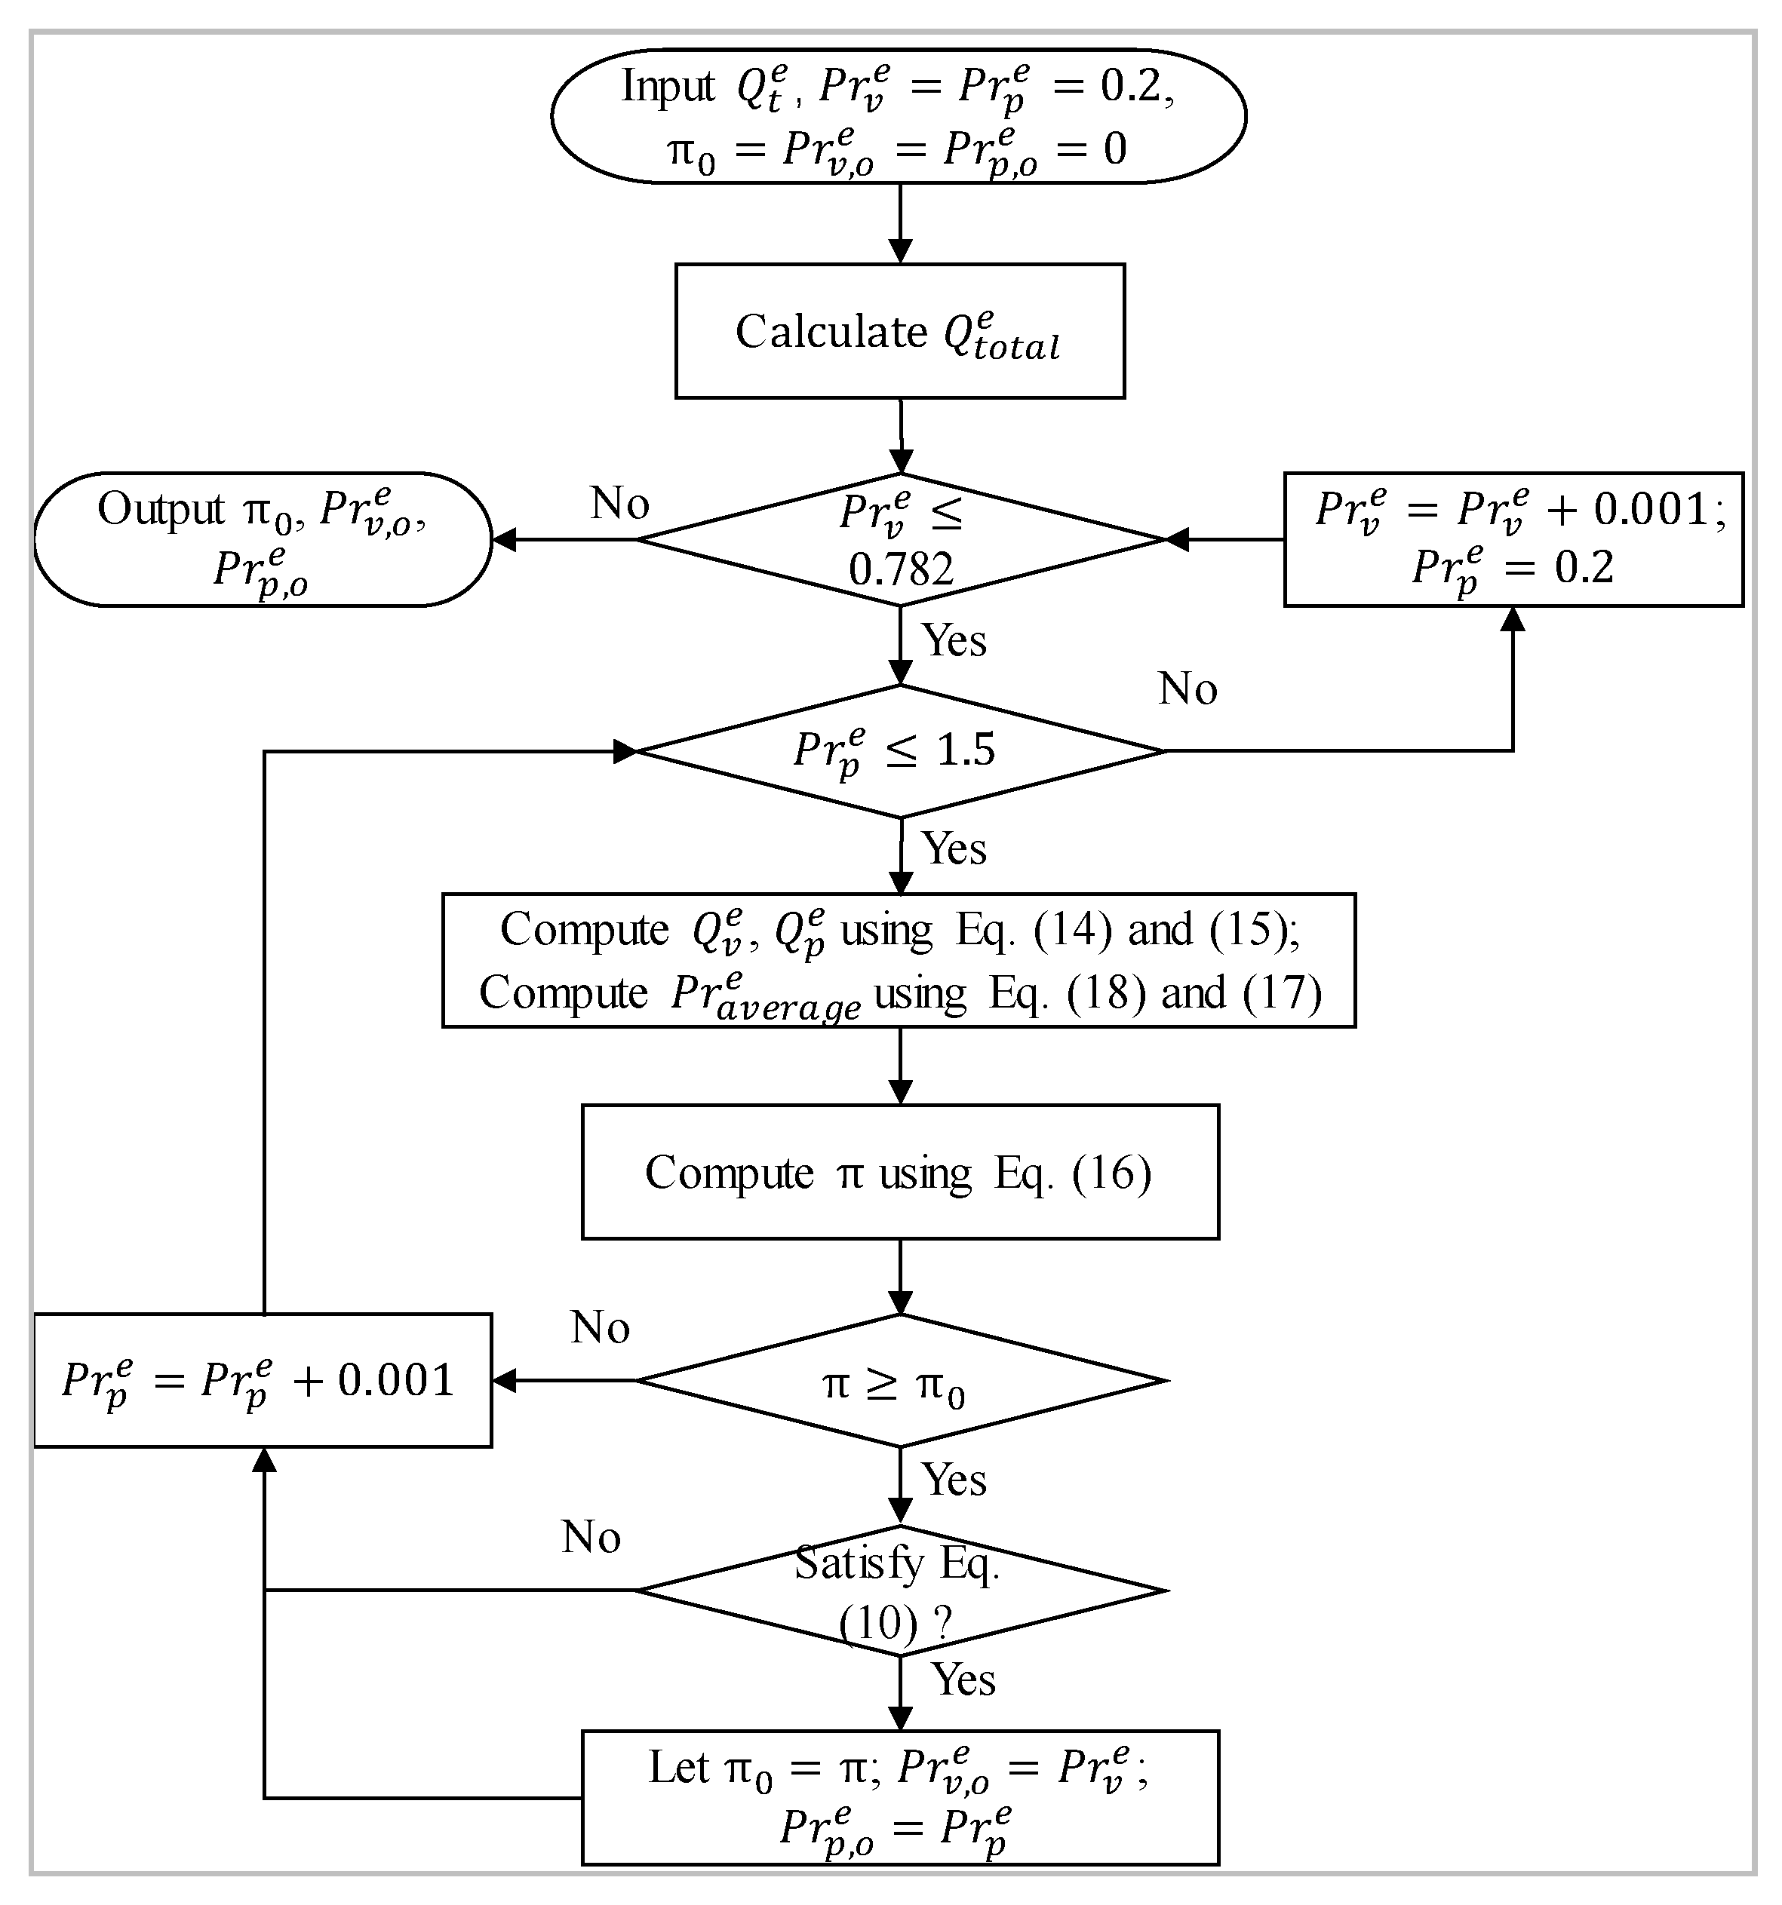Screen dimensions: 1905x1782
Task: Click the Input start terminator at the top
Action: coord(899,116)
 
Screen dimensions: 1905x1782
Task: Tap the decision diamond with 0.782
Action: coord(900,539)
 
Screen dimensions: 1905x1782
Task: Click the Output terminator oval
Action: coord(263,539)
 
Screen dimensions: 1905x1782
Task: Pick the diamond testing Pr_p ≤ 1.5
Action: coord(900,750)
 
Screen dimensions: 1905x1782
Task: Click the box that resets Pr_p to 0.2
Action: coord(1513,539)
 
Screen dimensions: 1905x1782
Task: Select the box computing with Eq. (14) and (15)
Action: coord(899,960)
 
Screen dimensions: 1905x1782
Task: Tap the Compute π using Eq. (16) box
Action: coord(899,1172)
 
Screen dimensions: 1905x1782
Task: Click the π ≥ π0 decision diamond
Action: coord(900,1381)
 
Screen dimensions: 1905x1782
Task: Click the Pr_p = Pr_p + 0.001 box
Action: coord(263,1381)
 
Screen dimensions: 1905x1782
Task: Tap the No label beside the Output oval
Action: coord(620,504)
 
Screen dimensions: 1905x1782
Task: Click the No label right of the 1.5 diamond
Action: coord(1187,689)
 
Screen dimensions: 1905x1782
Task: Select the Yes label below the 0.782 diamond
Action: coord(954,640)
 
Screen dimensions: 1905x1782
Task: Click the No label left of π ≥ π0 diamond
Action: coord(600,1328)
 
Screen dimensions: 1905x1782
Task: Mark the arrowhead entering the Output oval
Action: coord(504,539)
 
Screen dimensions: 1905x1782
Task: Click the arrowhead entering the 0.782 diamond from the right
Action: coord(1176,539)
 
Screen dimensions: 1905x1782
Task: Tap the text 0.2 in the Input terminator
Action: coord(1131,86)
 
